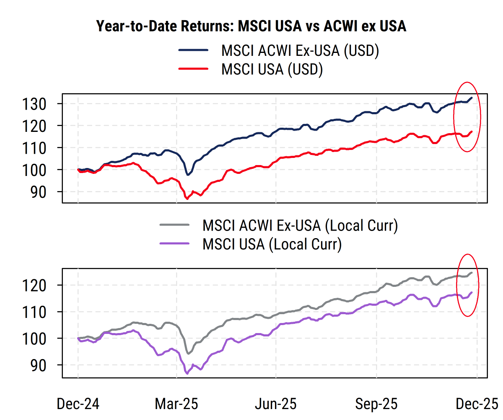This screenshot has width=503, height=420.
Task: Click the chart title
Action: (x=251, y=26)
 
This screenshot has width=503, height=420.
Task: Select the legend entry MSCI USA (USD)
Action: (x=272, y=69)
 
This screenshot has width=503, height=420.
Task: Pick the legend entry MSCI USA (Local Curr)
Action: (x=272, y=244)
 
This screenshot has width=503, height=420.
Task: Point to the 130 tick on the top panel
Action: (x=38, y=104)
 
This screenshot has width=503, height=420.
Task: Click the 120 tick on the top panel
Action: (x=38, y=126)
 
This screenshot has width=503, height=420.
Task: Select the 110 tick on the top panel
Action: (x=38, y=148)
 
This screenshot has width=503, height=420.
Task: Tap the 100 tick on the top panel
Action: (x=38, y=170)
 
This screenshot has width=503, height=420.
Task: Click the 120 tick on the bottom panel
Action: (x=38, y=286)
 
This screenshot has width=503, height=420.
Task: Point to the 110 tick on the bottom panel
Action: (x=38, y=312)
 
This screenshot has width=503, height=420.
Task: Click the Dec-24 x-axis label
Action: (x=78, y=404)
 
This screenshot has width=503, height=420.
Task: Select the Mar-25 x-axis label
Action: (x=176, y=404)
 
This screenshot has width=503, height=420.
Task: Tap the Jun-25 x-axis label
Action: (x=276, y=404)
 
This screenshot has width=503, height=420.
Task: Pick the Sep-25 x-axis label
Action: (x=376, y=404)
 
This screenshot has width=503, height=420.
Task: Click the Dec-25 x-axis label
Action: (x=477, y=404)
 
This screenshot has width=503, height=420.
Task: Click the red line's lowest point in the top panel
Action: (x=187, y=199)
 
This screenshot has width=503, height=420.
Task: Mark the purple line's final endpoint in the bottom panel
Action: (x=472, y=292)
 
